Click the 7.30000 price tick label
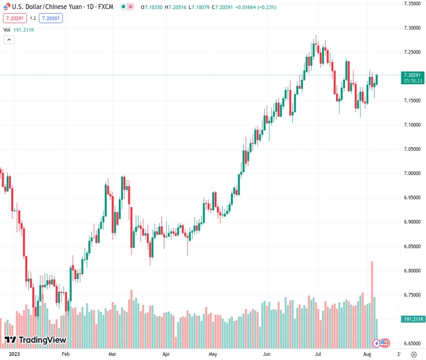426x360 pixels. (x=411, y=28)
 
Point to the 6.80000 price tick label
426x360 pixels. (x=411, y=271)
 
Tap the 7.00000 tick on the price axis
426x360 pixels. (x=411, y=173)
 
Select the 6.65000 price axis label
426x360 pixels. (x=411, y=344)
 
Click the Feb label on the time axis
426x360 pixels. (x=66, y=355)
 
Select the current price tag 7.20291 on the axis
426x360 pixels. (x=413, y=74)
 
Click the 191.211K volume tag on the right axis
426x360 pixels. (x=413, y=319)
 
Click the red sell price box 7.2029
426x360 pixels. (x=14, y=18)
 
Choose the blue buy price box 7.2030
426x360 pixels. (x=50, y=18)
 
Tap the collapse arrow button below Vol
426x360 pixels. (x=9, y=40)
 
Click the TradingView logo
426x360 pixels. (x=35, y=340)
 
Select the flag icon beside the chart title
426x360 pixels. (x=7, y=7)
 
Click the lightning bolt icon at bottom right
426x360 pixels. (x=376, y=343)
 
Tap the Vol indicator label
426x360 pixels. (x=7, y=29)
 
